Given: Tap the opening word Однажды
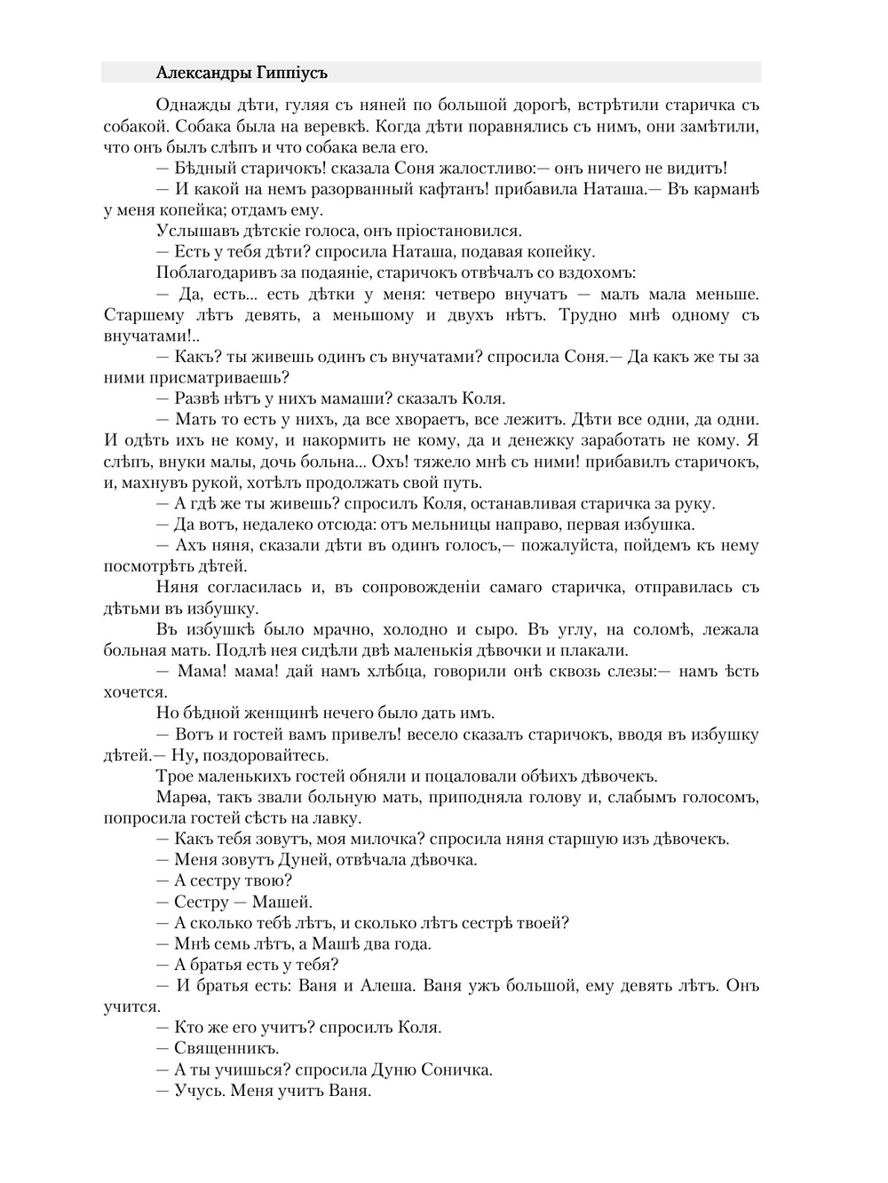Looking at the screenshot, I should [x=189, y=106].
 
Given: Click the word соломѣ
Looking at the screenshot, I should [x=662, y=629].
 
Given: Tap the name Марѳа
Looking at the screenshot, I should [x=180, y=797].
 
